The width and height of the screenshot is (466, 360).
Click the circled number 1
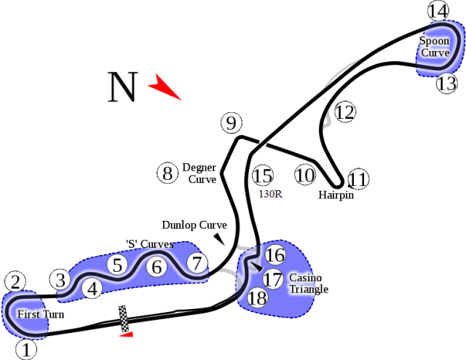tap(25, 350)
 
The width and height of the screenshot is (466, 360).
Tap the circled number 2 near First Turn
tap(15, 281)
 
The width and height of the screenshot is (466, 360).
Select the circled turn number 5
tap(117, 265)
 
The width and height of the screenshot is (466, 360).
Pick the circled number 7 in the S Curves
tap(195, 263)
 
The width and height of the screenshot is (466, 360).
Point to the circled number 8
tap(167, 173)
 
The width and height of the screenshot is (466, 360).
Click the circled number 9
tap(231, 123)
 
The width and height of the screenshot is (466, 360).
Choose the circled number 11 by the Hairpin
tap(358, 179)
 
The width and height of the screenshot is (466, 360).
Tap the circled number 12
tap(344, 112)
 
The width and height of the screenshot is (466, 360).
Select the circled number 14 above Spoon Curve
tap(438, 12)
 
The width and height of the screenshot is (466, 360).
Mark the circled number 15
tap(262, 176)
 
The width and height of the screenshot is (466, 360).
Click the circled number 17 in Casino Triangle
tap(272, 279)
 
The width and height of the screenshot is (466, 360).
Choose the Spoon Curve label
tap(434, 47)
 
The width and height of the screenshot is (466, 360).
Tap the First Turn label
tap(41, 315)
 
